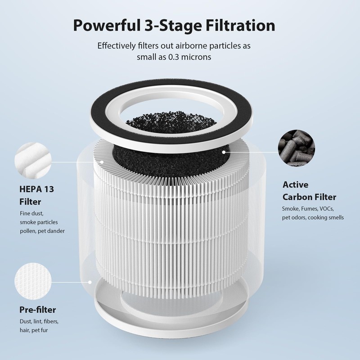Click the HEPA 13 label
(x=36, y=189)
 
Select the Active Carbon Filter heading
(x=309, y=191)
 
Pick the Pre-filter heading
(x=37, y=310)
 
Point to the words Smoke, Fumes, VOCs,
(x=307, y=209)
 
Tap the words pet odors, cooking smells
(x=313, y=217)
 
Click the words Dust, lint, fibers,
(x=39, y=322)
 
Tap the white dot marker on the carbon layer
(x=223, y=153)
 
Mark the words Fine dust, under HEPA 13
(x=32, y=213)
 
